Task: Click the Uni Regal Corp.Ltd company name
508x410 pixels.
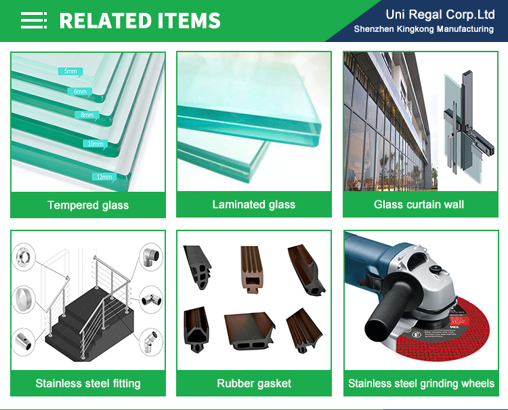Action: coord(440,14)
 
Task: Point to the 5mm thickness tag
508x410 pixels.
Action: coord(70,71)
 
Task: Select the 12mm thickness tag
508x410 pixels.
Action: coord(104,177)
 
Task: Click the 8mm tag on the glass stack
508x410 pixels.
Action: coord(87,115)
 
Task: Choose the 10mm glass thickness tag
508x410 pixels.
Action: coord(95,144)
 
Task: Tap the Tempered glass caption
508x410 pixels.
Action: coord(88,205)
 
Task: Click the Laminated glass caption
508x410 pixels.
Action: coord(254,204)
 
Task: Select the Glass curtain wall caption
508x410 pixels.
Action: coord(419,204)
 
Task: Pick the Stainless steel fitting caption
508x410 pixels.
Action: coord(88,384)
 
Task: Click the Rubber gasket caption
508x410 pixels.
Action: coord(254,384)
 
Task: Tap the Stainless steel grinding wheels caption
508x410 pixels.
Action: coord(421,384)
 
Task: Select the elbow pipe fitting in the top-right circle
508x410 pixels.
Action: coord(150,258)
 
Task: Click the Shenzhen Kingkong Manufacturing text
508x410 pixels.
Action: coord(423,28)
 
